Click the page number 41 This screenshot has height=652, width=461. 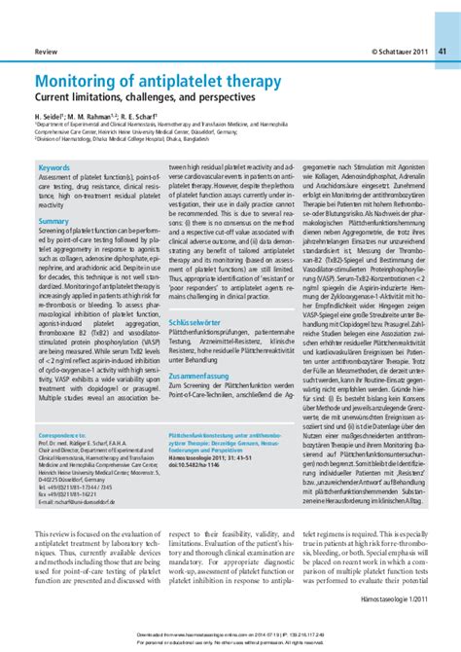click(x=442, y=50)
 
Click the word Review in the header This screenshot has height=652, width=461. click(x=46, y=50)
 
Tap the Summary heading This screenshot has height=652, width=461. click(x=54, y=222)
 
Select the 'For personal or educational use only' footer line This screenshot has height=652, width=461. click(x=230, y=642)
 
